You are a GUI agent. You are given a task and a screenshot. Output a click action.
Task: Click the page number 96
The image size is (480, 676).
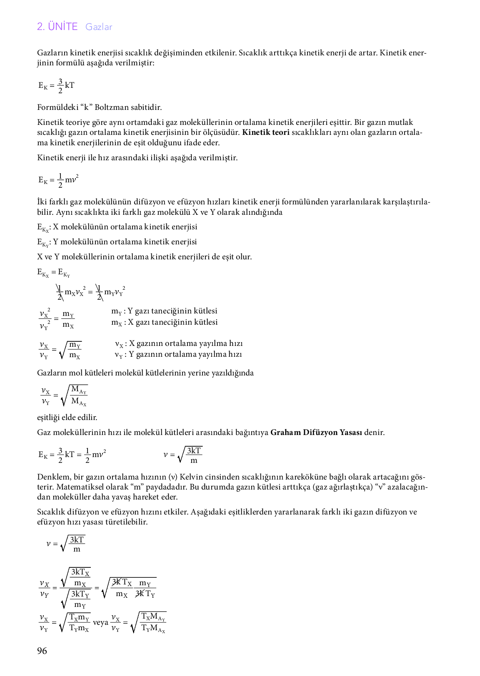coord(42,651)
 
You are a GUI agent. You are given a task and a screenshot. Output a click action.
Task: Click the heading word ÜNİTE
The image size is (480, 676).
coord(62,27)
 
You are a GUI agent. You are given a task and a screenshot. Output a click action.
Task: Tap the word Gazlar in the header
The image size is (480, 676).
coord(99,27)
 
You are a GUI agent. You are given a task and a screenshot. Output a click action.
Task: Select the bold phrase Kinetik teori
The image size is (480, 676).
coord(265,133)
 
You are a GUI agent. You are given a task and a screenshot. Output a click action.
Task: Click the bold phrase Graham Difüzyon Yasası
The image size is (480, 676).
coord(316,432)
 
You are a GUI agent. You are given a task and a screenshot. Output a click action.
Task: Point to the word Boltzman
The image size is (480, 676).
coord(112,107)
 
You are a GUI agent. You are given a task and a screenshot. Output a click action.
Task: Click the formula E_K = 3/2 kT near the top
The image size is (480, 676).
coord(56,85)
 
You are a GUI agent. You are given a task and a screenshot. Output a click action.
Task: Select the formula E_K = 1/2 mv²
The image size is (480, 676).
coord(58,180)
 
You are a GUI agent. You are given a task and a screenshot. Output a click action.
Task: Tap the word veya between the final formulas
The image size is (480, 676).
coord(100,623)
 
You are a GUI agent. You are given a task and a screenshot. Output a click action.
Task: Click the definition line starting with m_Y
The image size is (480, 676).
coord(164,311)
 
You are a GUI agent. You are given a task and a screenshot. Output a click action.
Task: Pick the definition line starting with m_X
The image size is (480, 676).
coord(164,322)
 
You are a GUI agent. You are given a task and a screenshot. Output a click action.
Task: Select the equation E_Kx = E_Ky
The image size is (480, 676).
coord(53,273)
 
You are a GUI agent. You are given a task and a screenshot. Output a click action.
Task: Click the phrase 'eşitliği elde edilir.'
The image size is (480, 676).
coord(67,418)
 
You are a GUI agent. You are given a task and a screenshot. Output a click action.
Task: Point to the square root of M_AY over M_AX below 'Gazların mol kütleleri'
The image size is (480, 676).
coord(75,395)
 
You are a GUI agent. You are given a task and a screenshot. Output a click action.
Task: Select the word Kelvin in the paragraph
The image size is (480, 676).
coord(190,477)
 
